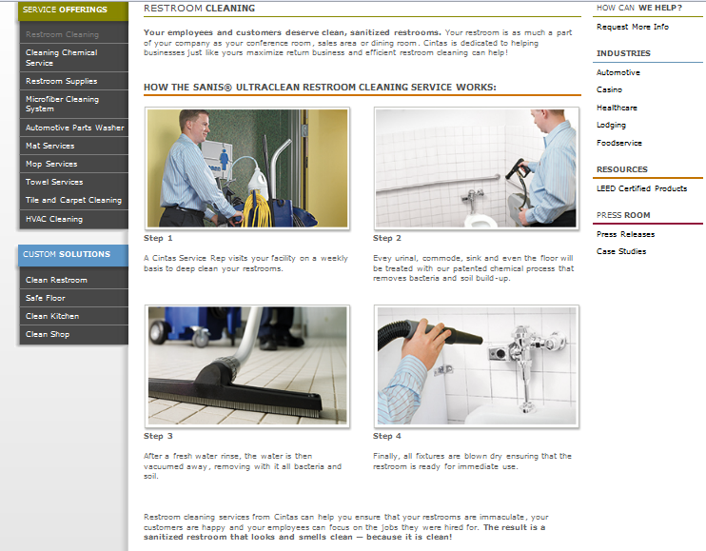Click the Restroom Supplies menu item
click(x=61, y=81)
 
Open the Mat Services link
click(x=50, y=146)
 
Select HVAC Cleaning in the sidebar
click(x=54, y=219)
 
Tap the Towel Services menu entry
click(x=54, y=182)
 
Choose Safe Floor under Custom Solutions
click(x=46, y=298)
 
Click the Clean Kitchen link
click(x=52, y=316)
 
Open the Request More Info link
click(x=633, y=27)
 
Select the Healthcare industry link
click(x=617, y=108)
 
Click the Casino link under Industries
click(x=609, y=89)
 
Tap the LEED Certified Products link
click(x=641, y=188)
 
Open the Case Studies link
click(x=621, y=251)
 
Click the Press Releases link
click(x=625, y=234)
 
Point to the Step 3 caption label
click(x=158, y=436)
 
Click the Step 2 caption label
click(x=386, y=238)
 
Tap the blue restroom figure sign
click(x=224, y=160)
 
